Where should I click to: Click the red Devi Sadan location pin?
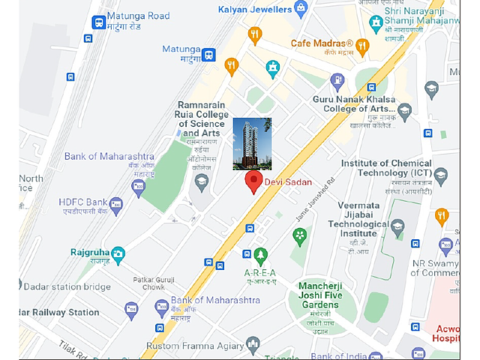(x=253, y=181)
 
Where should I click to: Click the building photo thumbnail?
(x=252, y=144)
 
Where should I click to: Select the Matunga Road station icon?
(x=97, y=22)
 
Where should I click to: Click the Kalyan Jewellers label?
(x=255, y=10)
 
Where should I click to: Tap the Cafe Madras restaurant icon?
(x=363, y=46)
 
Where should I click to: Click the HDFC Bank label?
(x=82, y=202)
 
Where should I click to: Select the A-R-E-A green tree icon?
(x=260, y=256)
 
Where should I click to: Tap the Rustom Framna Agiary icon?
(x=252, y=345)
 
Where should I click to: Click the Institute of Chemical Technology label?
(x=386, y=168)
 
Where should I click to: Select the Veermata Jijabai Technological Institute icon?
(x=397, y=226)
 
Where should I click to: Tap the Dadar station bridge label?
(x=67, y=286)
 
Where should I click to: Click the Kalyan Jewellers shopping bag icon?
(x=301, y=10)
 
